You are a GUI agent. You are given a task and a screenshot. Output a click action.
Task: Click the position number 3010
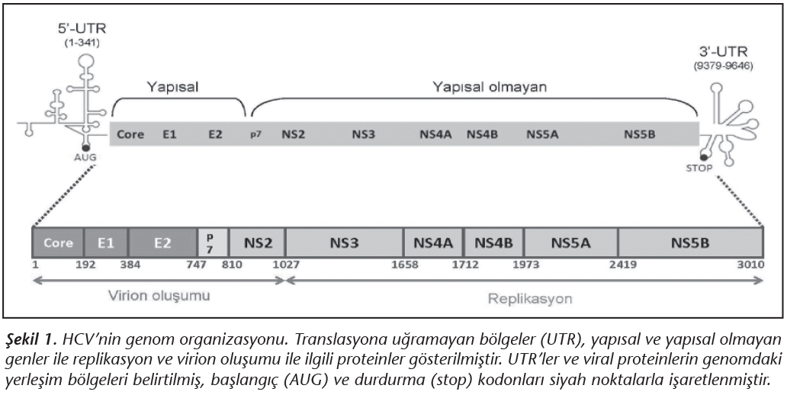tap(747, 264)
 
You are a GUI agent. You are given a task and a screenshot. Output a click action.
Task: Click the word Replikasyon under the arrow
tap(529, 297)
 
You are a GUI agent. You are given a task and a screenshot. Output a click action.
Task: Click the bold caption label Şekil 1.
tap(27, 339)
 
